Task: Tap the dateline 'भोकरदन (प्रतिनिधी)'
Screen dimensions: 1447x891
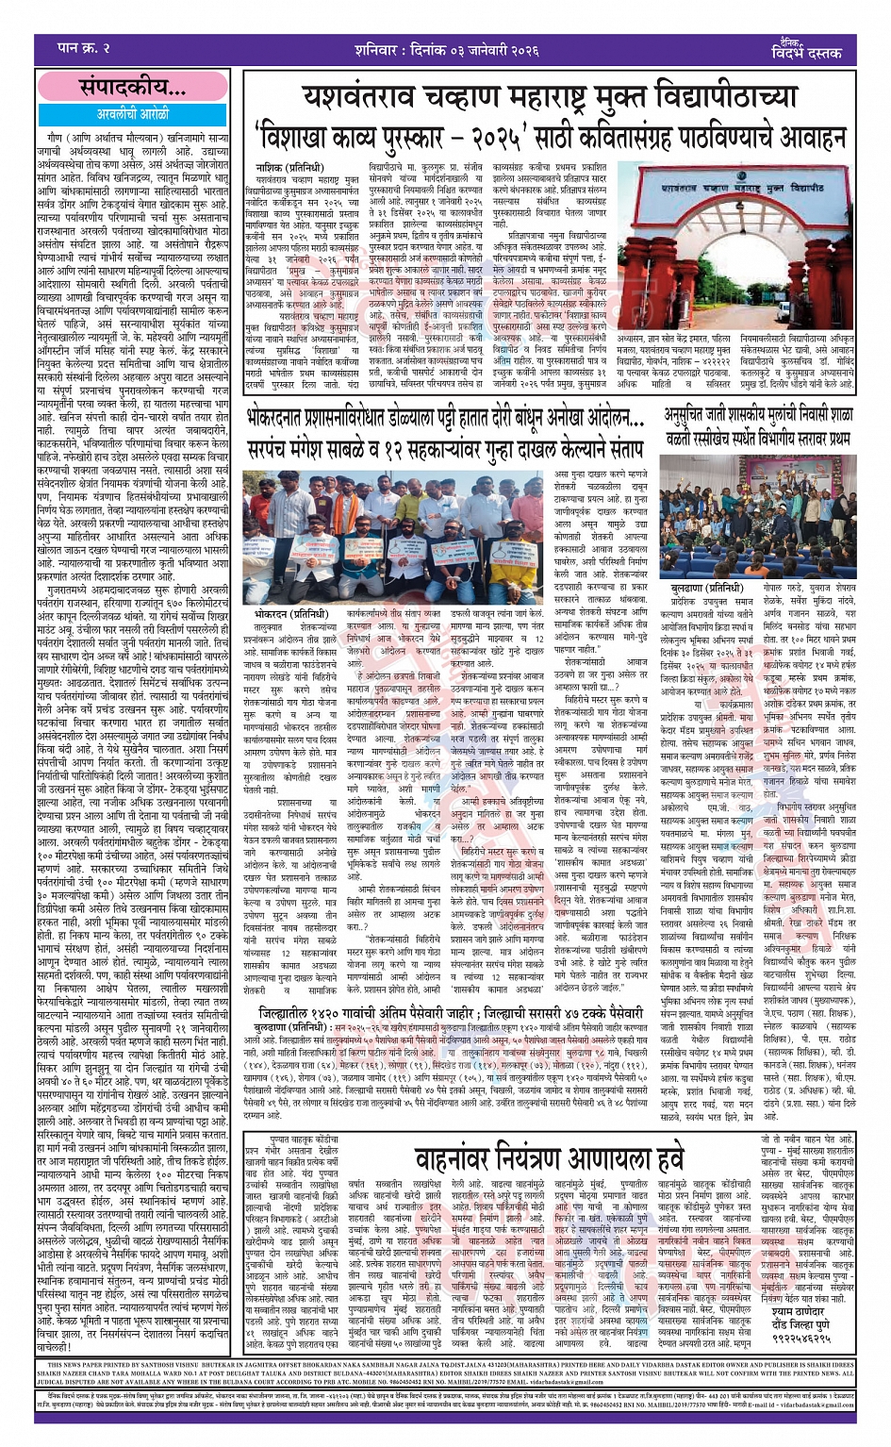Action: [x=285, y=615]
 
